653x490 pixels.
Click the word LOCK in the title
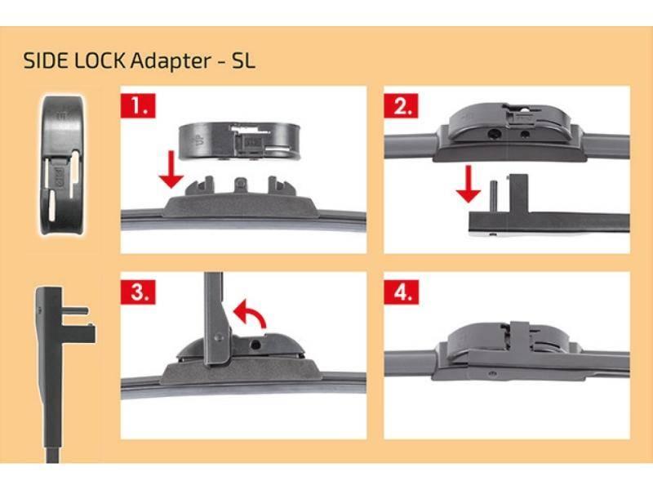pos(99,60)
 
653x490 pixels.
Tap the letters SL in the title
pos(243,60)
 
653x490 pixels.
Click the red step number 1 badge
pos(138,105)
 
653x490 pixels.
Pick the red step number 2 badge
pos(402,105)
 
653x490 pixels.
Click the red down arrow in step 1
pos(171,170)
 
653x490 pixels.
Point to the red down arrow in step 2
pos(469,185)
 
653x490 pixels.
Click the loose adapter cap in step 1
pos(239,141)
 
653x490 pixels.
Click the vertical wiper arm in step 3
pos(216,318)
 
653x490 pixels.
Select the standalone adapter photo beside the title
pos(63,165)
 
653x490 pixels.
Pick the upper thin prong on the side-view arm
pos(75,311)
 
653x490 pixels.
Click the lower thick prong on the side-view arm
pos(78,332)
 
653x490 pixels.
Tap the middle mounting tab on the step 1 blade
pos(241,186)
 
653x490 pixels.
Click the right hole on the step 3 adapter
pos(255,344)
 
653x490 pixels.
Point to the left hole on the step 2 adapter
pos(495,135)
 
